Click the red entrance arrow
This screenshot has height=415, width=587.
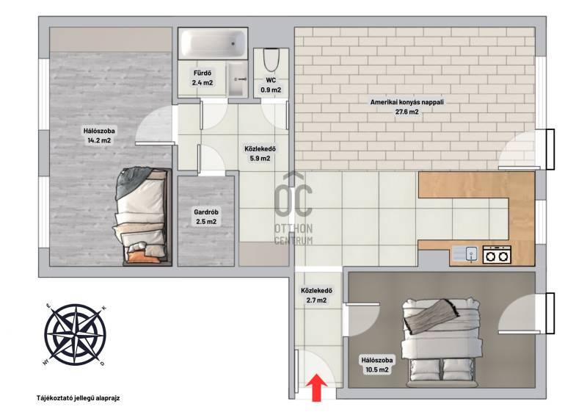coord(317,387)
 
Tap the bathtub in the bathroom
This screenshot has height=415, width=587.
coord(213,43)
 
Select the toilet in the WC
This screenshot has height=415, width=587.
coord(271,60)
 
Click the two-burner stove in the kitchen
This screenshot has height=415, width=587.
coord(497,255)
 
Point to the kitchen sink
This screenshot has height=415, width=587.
coord(465,253)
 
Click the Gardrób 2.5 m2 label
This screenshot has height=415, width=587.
coord(206,217)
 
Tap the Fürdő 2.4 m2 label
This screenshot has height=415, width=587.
coord(203,78)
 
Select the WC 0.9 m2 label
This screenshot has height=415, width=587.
coord(271,85)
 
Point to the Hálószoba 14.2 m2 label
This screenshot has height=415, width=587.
coord(99,136)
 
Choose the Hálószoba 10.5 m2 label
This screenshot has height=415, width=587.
coord(377,365)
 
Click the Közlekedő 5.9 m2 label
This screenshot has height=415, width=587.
coord(260,154)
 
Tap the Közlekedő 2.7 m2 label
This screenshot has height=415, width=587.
coord(316,295)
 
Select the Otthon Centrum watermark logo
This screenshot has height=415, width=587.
coord(293,209)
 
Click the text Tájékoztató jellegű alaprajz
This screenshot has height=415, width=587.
coord(78,398)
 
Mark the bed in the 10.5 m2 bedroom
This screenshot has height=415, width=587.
coord(441,342)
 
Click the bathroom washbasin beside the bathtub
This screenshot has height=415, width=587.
coord(237,79)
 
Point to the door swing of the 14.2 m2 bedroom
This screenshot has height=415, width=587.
coord(155,124)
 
